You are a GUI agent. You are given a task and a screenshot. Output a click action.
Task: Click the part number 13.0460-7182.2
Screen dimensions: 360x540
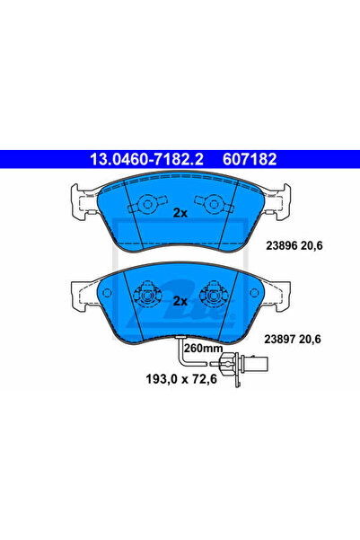(x=146, y=159)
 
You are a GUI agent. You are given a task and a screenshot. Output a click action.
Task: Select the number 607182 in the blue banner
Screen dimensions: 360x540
(x=250, y=159)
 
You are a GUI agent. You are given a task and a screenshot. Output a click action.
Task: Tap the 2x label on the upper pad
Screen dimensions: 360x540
(x=180, y=213)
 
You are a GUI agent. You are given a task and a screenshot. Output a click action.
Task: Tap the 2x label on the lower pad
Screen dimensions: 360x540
(x=180, y=301)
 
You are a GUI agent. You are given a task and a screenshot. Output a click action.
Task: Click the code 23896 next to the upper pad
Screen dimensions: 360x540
(x=282, y=246)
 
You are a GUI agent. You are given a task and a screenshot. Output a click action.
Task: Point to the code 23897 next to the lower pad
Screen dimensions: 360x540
(x=280, y=340)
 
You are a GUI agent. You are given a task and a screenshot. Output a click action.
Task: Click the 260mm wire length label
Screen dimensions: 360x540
(x=203, y=349)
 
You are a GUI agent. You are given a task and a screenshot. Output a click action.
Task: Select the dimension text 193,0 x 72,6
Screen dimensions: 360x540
(x=181, y=379)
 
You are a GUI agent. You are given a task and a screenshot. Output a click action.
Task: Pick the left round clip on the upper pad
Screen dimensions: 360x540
(x=147, y=204)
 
